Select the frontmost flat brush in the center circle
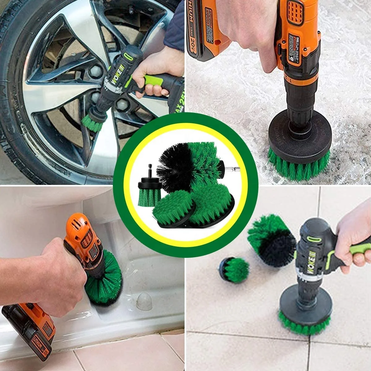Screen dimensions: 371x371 tap(173, 210)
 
